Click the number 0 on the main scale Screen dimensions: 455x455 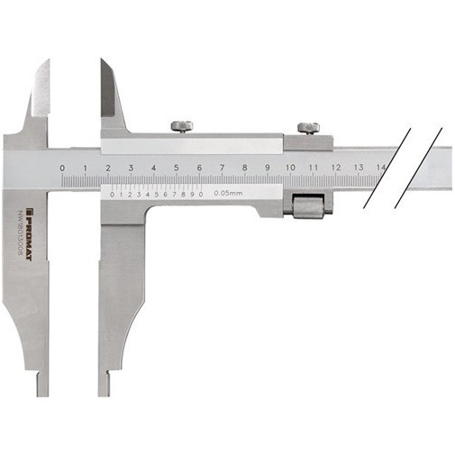(62, 168)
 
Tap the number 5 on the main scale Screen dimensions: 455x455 (177, 168)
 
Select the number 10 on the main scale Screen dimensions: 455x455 (289, 168)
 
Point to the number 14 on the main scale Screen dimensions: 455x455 (381, 168)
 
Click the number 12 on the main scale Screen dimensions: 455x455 (335, 168)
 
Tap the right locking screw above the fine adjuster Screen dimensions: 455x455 (309, 127)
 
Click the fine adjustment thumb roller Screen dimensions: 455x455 (309, 208)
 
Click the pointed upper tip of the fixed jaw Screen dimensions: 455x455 (46, 63)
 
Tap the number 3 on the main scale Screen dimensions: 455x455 (131, 168)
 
